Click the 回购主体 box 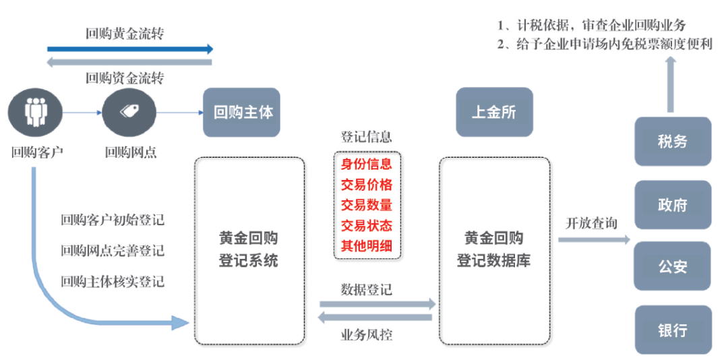click(241, 113)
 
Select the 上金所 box click(494, 113)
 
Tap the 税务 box click(672, 142)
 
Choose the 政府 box click(672, 204)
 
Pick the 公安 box click(672, 266)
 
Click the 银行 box click(672, 330)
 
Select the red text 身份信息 click(367, 164)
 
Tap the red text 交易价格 click(367, 184)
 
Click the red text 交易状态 click(367, 225)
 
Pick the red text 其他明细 click(367, 245)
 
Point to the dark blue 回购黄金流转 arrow click(130, 49)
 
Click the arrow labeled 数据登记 click(377, 304)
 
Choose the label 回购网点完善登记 click(113, 251)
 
